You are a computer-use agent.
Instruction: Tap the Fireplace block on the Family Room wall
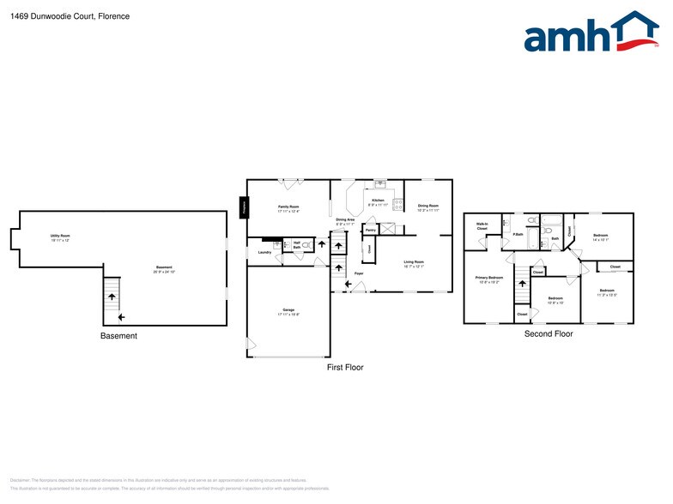coord(244,207)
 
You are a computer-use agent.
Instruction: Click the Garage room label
coord(288,311)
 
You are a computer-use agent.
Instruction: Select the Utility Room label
coord(60,237)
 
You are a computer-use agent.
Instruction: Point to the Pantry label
coord(371,230)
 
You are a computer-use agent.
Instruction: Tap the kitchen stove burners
coord(390,229)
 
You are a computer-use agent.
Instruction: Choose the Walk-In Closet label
coord(482,226)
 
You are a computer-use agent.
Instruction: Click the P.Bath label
coord(518,234)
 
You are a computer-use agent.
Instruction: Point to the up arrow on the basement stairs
coord(110,297)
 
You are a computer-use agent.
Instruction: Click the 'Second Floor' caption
coord(549,333)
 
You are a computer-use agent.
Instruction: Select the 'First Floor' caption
coord(345,367)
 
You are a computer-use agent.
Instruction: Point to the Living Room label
coord(414,263)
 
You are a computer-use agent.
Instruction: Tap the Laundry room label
coord(264,252)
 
